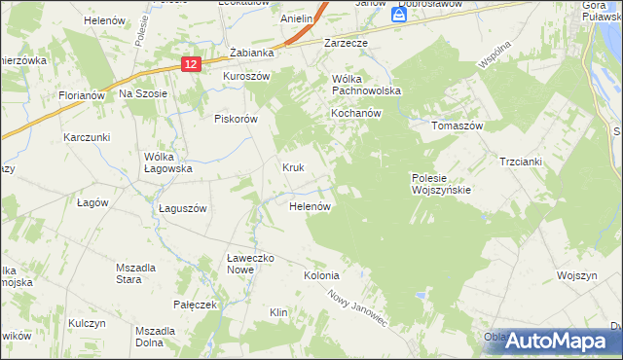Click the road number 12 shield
pyautogui.click(x=191, y=63)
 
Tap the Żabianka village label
pyautogui.click(x=248, y=54)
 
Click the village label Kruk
pyautogui.click(x=294, y=167)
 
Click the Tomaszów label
pyautogui.click(x=458, y=126)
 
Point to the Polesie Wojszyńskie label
pyautogui.click(x=441, y=184)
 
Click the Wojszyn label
pyautogui.click(x=576, y=275)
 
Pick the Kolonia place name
pyautogui.click(x=321, y=275)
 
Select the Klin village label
pyautogui.click(x=279, y=312)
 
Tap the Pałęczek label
pyautogui.click(x=193, y=305)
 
